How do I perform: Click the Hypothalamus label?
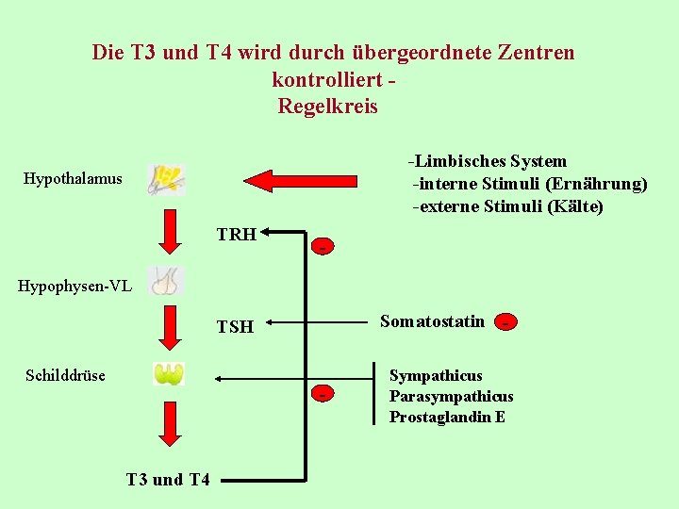(x=73, y=178)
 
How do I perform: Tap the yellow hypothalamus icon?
(x=166, y=179)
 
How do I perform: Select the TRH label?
(x=236, y=235)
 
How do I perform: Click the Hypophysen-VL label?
(x=75, y=285)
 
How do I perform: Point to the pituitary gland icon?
(x=167, y=281)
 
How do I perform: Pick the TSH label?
(x=235, y=327)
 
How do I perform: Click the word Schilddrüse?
(x=65, y=375)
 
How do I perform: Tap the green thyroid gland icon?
(x=169, y=374)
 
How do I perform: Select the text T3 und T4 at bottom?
(x=168, y=479)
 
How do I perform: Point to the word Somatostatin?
(x=432, y=321)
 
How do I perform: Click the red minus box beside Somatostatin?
(x=507, y=322)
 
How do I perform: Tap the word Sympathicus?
(x=436, y=376)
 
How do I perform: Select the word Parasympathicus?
(x=451, y=396)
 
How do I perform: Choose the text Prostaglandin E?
(x=447, y=417)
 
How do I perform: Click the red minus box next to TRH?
(x=323, y=247)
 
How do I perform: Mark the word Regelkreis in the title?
(x=327, y=107)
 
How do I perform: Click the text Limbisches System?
(x=490, y=161)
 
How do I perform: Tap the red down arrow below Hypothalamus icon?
(x=170, y=232)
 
